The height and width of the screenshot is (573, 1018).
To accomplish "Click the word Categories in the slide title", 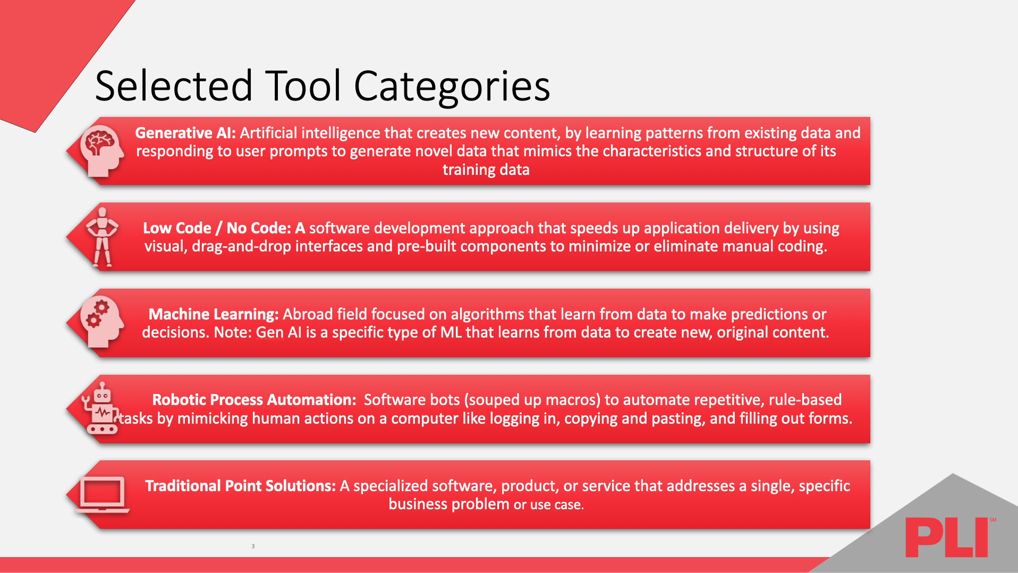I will [452, 87].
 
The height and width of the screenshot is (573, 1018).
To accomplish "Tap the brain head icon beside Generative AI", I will [101, 150].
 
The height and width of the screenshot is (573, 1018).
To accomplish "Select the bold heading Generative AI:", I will [185, 133].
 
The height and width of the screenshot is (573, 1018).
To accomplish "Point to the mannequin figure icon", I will [102, 237].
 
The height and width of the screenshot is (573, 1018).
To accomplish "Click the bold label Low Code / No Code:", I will [217, 228].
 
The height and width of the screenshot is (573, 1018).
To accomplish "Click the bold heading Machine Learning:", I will [213, 314].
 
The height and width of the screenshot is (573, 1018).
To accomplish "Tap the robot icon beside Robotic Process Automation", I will [101, 409].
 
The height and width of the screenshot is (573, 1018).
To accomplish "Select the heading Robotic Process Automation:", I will [254, 400].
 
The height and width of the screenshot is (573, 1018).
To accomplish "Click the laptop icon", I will [102, 494].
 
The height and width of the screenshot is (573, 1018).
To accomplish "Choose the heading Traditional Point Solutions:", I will [240, 486].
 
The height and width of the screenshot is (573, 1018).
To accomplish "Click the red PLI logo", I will [946, 537].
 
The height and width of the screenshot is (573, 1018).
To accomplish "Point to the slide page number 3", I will [253, 546].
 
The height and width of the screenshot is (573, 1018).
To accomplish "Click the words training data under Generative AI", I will [486, 170].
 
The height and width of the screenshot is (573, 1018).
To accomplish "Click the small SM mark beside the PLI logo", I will [992, 520].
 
